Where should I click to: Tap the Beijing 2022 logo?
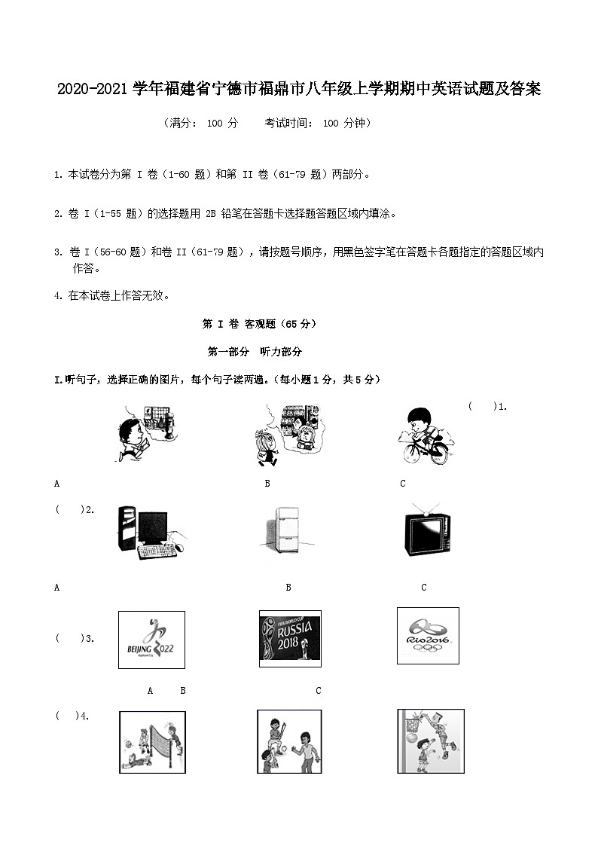click(151, 640)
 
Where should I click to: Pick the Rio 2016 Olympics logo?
click(427, 636)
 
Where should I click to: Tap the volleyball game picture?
click(152, 741)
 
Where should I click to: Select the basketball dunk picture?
click(430, 741)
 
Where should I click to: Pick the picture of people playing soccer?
click(290, 741)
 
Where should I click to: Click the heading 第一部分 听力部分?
click(255, 352)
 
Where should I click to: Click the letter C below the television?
click(424, 588)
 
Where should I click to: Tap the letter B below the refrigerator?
click(288, 588)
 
